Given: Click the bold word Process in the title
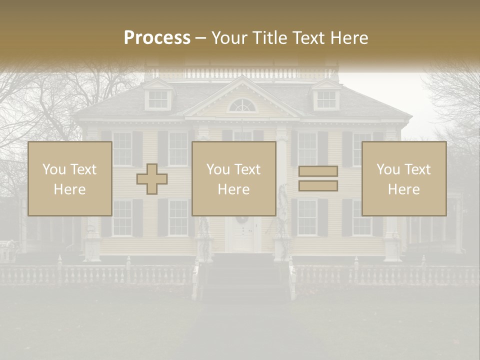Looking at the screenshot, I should tap(157, 37).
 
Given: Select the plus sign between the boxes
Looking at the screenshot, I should tap(152, 178).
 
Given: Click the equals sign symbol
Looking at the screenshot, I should tap(318, 178).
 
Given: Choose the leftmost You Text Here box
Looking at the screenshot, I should tap(69, 178).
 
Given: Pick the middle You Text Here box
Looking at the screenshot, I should tap(233, 178).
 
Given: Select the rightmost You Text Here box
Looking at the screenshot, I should tap(403, 178).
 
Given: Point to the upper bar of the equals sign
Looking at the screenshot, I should tap(318, 171).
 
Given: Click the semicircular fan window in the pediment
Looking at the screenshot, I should tap(242, 105).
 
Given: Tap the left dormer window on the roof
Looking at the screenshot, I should tap(158, 99).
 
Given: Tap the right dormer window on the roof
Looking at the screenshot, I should tap(326, 99).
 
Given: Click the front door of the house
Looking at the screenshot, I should tap(243, 235).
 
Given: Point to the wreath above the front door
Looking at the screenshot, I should tap(242, 219).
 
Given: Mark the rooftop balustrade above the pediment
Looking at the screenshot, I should tap(242, 73).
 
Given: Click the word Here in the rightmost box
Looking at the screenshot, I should tap(403, 189).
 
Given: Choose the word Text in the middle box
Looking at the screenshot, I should tap(247, 169).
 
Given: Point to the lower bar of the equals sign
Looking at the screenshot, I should tap(318, 185).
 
